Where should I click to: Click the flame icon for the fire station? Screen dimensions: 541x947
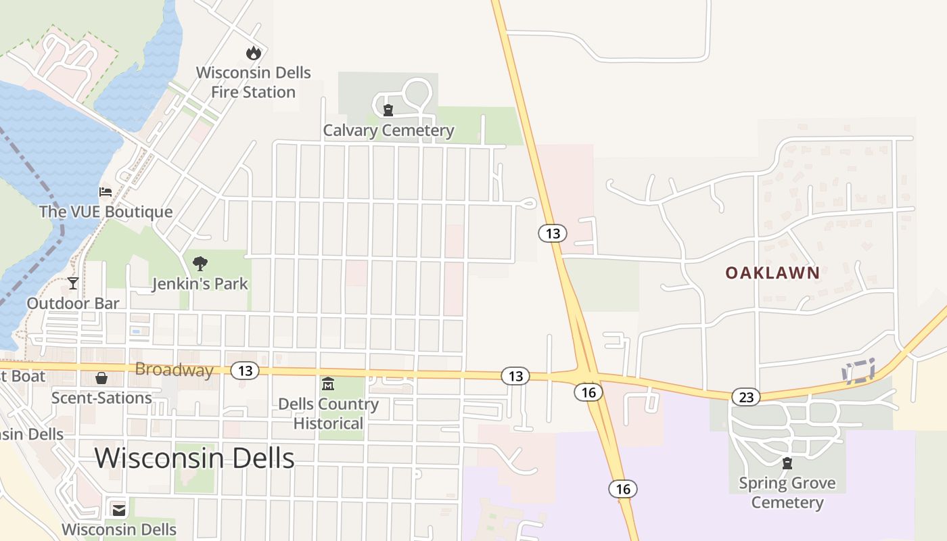pos(253,53)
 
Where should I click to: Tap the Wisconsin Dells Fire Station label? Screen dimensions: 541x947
pos(254,82)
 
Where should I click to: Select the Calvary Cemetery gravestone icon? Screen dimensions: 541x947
pos(388,110)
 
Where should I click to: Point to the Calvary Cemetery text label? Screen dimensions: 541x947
pos(388,131)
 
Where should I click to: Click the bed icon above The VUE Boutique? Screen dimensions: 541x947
pos(106,192)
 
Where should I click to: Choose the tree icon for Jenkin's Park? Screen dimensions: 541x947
pos(200,264)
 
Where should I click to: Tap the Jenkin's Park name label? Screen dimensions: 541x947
pos(200,283)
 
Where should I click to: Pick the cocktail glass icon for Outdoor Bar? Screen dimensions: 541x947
pos(73,283)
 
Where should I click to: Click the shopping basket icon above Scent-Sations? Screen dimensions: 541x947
pos(101,377)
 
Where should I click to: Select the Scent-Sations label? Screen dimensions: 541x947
pos(101,398)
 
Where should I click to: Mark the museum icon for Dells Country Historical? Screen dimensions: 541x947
pos(328,384)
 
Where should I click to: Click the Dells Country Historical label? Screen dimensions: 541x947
pos(328,413)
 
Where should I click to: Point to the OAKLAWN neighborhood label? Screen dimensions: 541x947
pos(772,273)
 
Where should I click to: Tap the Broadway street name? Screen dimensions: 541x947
pos(174,370)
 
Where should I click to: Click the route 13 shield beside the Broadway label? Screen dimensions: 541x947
pos(245,371)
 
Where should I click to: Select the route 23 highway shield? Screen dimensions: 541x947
pos(745,396)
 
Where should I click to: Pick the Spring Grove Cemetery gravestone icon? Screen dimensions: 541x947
pos(787,463)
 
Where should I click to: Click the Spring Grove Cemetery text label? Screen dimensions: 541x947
pos(787,492)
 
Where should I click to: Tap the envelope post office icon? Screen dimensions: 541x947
pos(119,509)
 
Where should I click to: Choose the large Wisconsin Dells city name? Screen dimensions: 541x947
pos(194,458)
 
